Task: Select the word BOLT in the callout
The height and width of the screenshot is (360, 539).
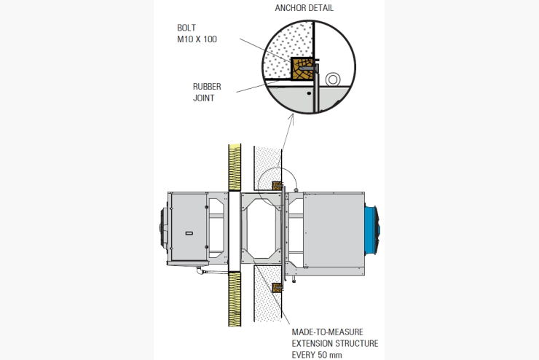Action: coord(186,28)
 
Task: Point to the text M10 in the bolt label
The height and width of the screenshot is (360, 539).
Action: coord(184,39)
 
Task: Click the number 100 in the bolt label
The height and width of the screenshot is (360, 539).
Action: coord(210,39)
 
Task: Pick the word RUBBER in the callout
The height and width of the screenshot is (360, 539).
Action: coord(207,86)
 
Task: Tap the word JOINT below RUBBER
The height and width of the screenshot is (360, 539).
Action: coord(203,98)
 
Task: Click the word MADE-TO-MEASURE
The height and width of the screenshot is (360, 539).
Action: coord(327,332)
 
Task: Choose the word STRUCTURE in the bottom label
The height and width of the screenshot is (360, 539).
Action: coord(357,343)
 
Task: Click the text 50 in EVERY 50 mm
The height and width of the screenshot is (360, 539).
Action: coord(321,355)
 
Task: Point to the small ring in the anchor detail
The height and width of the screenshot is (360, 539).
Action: coord(332,79)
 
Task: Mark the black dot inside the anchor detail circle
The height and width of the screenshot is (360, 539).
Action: coord(309,93)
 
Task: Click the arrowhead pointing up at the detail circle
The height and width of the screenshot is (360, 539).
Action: coord(291,117)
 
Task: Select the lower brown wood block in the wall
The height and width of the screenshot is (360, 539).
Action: coord(277,287)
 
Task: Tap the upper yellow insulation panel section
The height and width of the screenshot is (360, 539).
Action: coord(235,167)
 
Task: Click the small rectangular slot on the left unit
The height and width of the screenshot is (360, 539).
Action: coord(189,233)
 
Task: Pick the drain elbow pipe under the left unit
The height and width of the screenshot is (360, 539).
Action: coord(201,270)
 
